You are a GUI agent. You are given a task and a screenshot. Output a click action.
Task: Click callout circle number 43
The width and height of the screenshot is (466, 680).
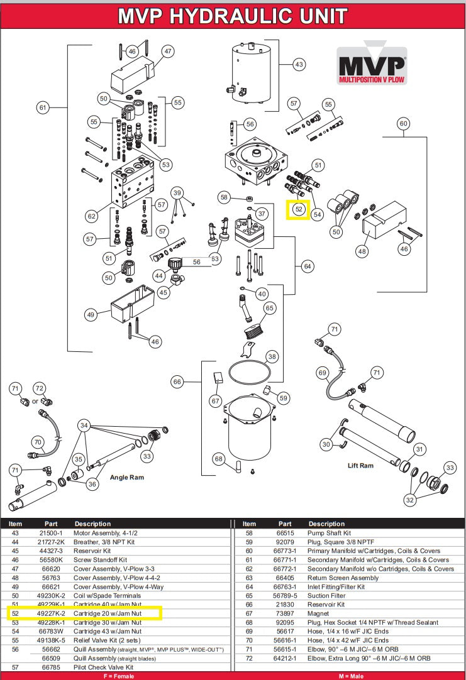tap(299, 64)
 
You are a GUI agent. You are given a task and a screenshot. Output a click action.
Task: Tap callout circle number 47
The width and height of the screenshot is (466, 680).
tap(168, 51)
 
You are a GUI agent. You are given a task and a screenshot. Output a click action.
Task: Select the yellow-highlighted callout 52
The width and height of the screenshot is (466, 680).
tap(299, 209)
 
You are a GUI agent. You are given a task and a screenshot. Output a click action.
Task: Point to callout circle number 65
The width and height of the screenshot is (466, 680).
tap(269, 308)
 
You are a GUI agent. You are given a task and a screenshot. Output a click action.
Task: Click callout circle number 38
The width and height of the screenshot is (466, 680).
tap(272, 357)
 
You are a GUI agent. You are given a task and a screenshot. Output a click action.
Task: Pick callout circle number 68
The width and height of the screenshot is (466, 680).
tap(219, 459)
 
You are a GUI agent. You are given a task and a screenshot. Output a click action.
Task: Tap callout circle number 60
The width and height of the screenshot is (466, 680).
tap(403, 124)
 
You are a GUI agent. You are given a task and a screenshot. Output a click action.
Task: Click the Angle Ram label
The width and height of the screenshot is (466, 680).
tap(127, 478)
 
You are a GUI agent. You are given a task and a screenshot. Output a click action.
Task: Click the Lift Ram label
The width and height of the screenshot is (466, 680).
tap(361, 466)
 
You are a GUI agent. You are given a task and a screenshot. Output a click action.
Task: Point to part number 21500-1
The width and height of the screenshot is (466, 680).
tap(51, 532)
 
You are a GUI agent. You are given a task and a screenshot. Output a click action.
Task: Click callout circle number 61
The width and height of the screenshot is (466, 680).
tap(43, 107)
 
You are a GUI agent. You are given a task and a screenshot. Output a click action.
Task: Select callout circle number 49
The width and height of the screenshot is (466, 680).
tap(91, 314)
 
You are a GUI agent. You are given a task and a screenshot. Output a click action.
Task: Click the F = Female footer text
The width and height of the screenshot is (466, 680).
tap(117, 676)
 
